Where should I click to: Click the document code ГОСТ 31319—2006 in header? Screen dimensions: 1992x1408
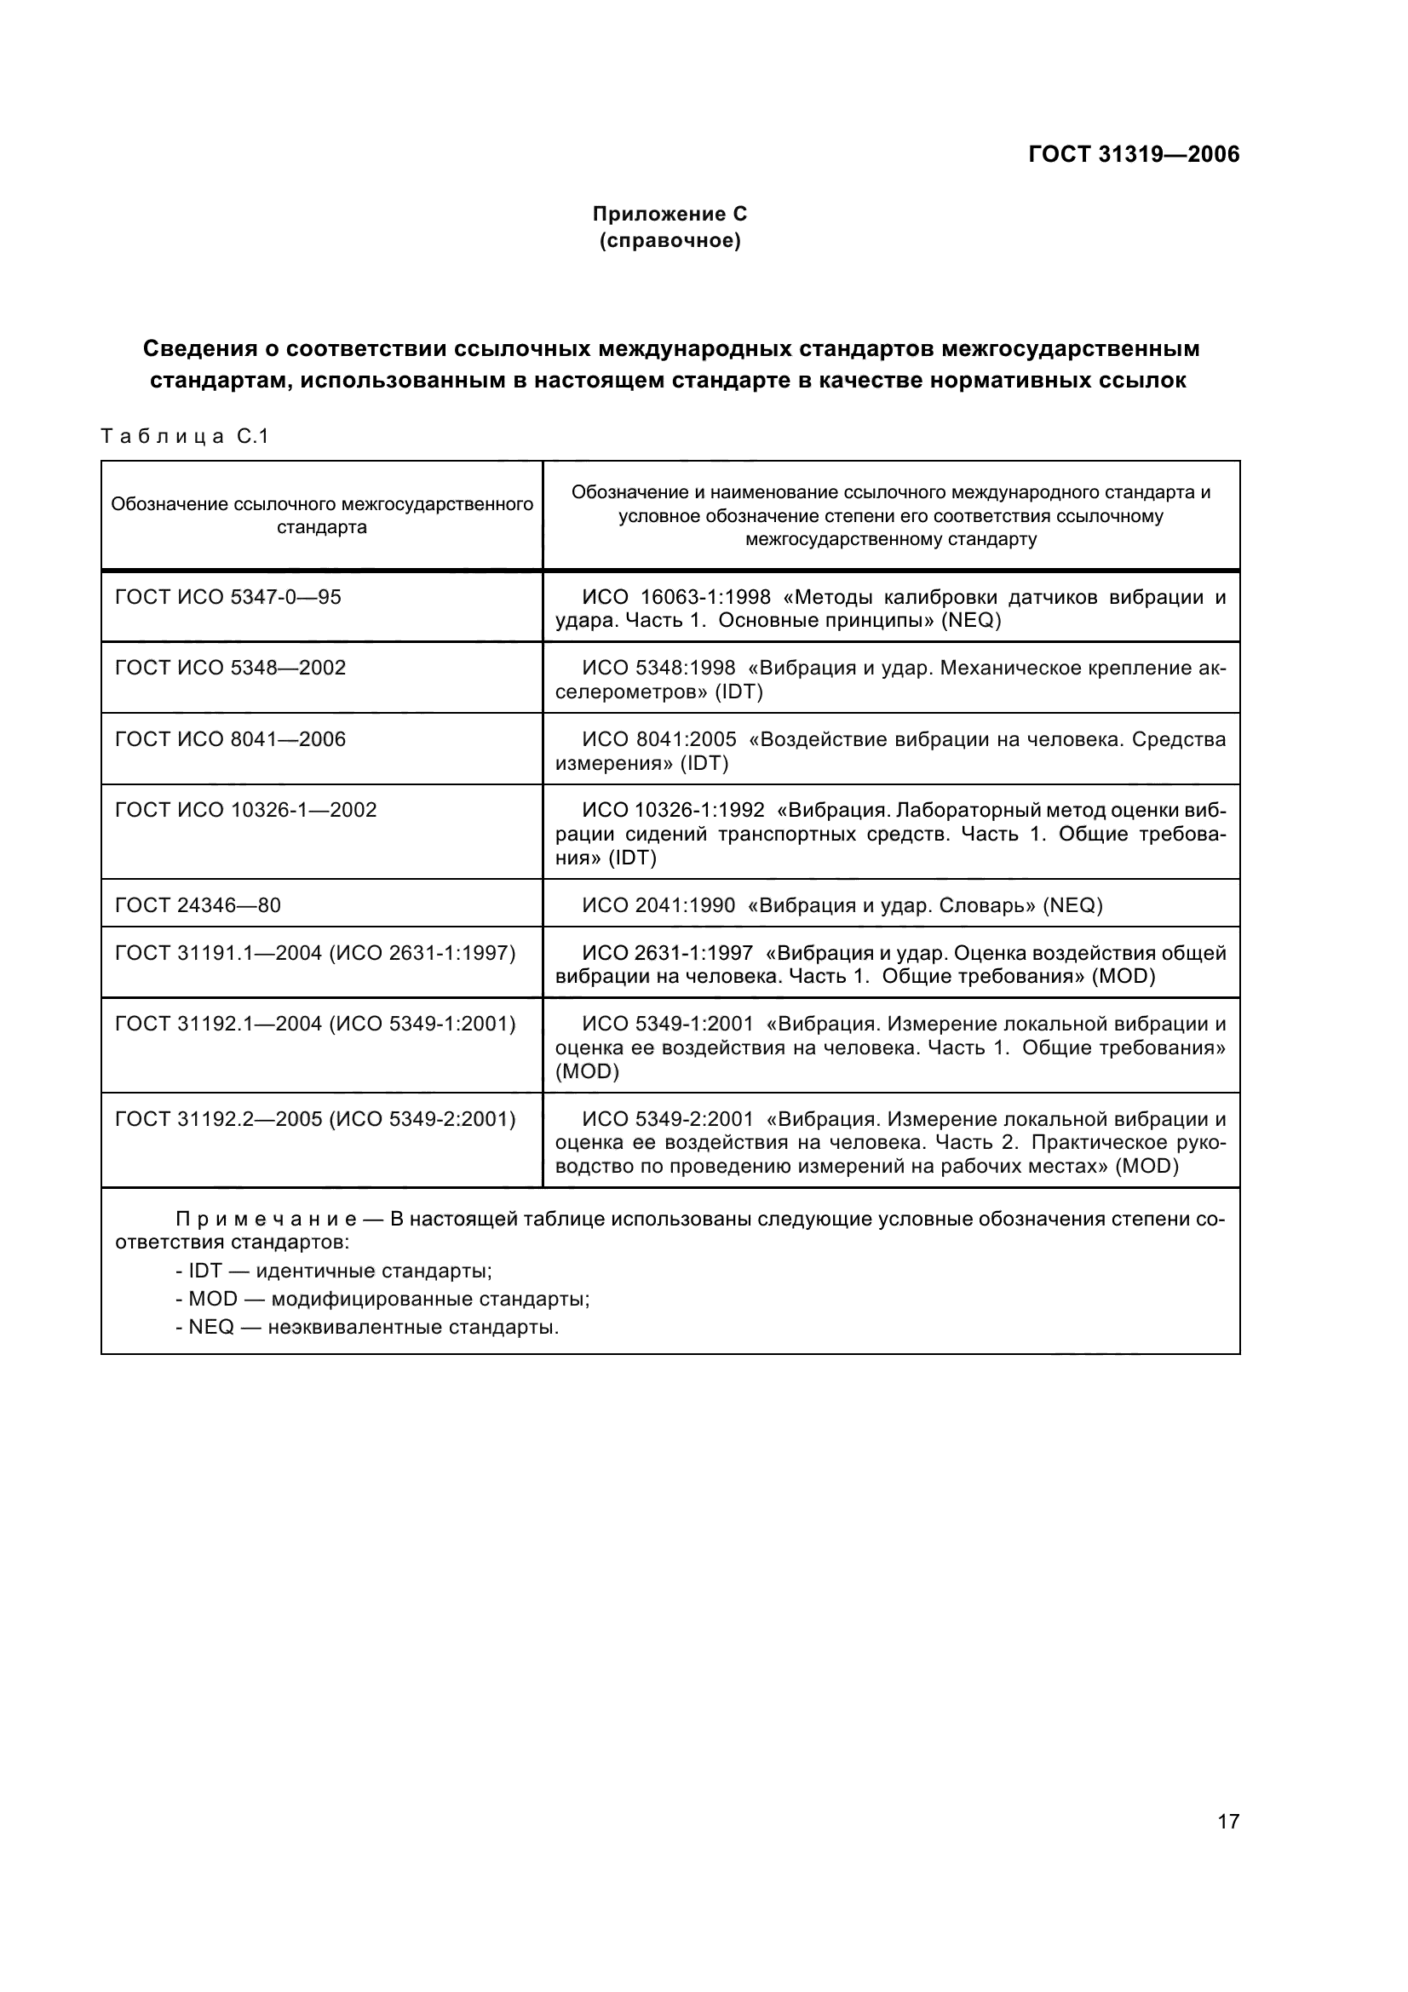click(1133, 154)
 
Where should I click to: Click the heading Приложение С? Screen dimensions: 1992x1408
click(669, 214)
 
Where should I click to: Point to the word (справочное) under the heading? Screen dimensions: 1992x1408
click(670, 240)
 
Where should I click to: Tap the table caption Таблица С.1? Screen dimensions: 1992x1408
click(185, 436)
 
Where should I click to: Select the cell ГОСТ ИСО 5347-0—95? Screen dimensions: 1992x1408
click(228, 597)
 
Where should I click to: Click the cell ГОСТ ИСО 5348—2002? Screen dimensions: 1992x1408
click(230, 668)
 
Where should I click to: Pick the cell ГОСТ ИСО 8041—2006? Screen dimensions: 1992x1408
click(230, 739)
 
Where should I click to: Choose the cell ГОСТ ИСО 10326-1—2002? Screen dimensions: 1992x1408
click(245, 810)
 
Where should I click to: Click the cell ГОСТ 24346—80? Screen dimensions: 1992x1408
click(198, 906)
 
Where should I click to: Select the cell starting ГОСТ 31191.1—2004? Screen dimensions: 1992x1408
click(315, 954)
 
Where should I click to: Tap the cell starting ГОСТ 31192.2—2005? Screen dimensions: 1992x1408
click(315, 1119)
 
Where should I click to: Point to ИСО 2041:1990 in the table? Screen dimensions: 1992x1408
click(658, 906)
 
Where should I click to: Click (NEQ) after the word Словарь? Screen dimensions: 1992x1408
click(1072, 906)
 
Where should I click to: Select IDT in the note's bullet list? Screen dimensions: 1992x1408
click(205, 1271)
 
